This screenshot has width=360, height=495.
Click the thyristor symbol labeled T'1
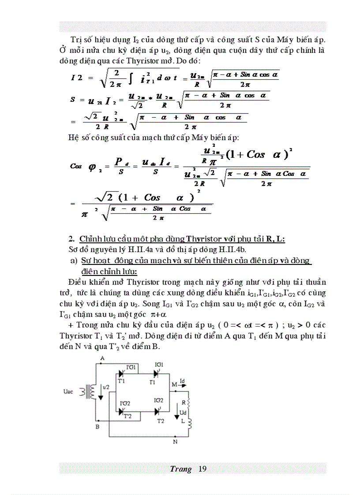click(121, 374)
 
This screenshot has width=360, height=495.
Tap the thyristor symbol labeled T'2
click(121, 411)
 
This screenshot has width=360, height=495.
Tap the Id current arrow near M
click(184, 384)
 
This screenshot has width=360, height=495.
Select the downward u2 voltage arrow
click(101, 392)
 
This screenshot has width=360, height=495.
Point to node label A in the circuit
click(102, 358)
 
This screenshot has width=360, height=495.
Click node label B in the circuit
click(97, 427)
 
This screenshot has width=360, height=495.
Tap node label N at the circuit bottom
click(175, 441)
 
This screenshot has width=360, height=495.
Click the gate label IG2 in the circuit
click(159, 400)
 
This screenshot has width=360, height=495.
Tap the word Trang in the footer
click(180, 469)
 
